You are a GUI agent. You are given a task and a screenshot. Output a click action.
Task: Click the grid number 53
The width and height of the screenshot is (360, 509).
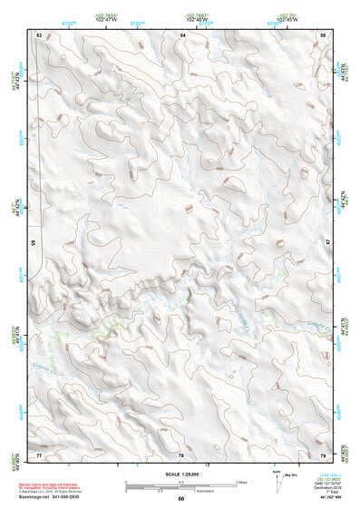(40, 34)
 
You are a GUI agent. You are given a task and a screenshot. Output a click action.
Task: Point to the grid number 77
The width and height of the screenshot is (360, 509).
(40, 454)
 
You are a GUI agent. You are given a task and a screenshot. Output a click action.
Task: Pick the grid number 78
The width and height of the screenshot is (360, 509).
(180, 454)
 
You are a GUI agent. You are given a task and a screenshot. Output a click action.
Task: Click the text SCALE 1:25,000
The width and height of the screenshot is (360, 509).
(180, 475)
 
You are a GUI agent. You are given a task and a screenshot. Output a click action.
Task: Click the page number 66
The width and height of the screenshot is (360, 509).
(180, 499)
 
